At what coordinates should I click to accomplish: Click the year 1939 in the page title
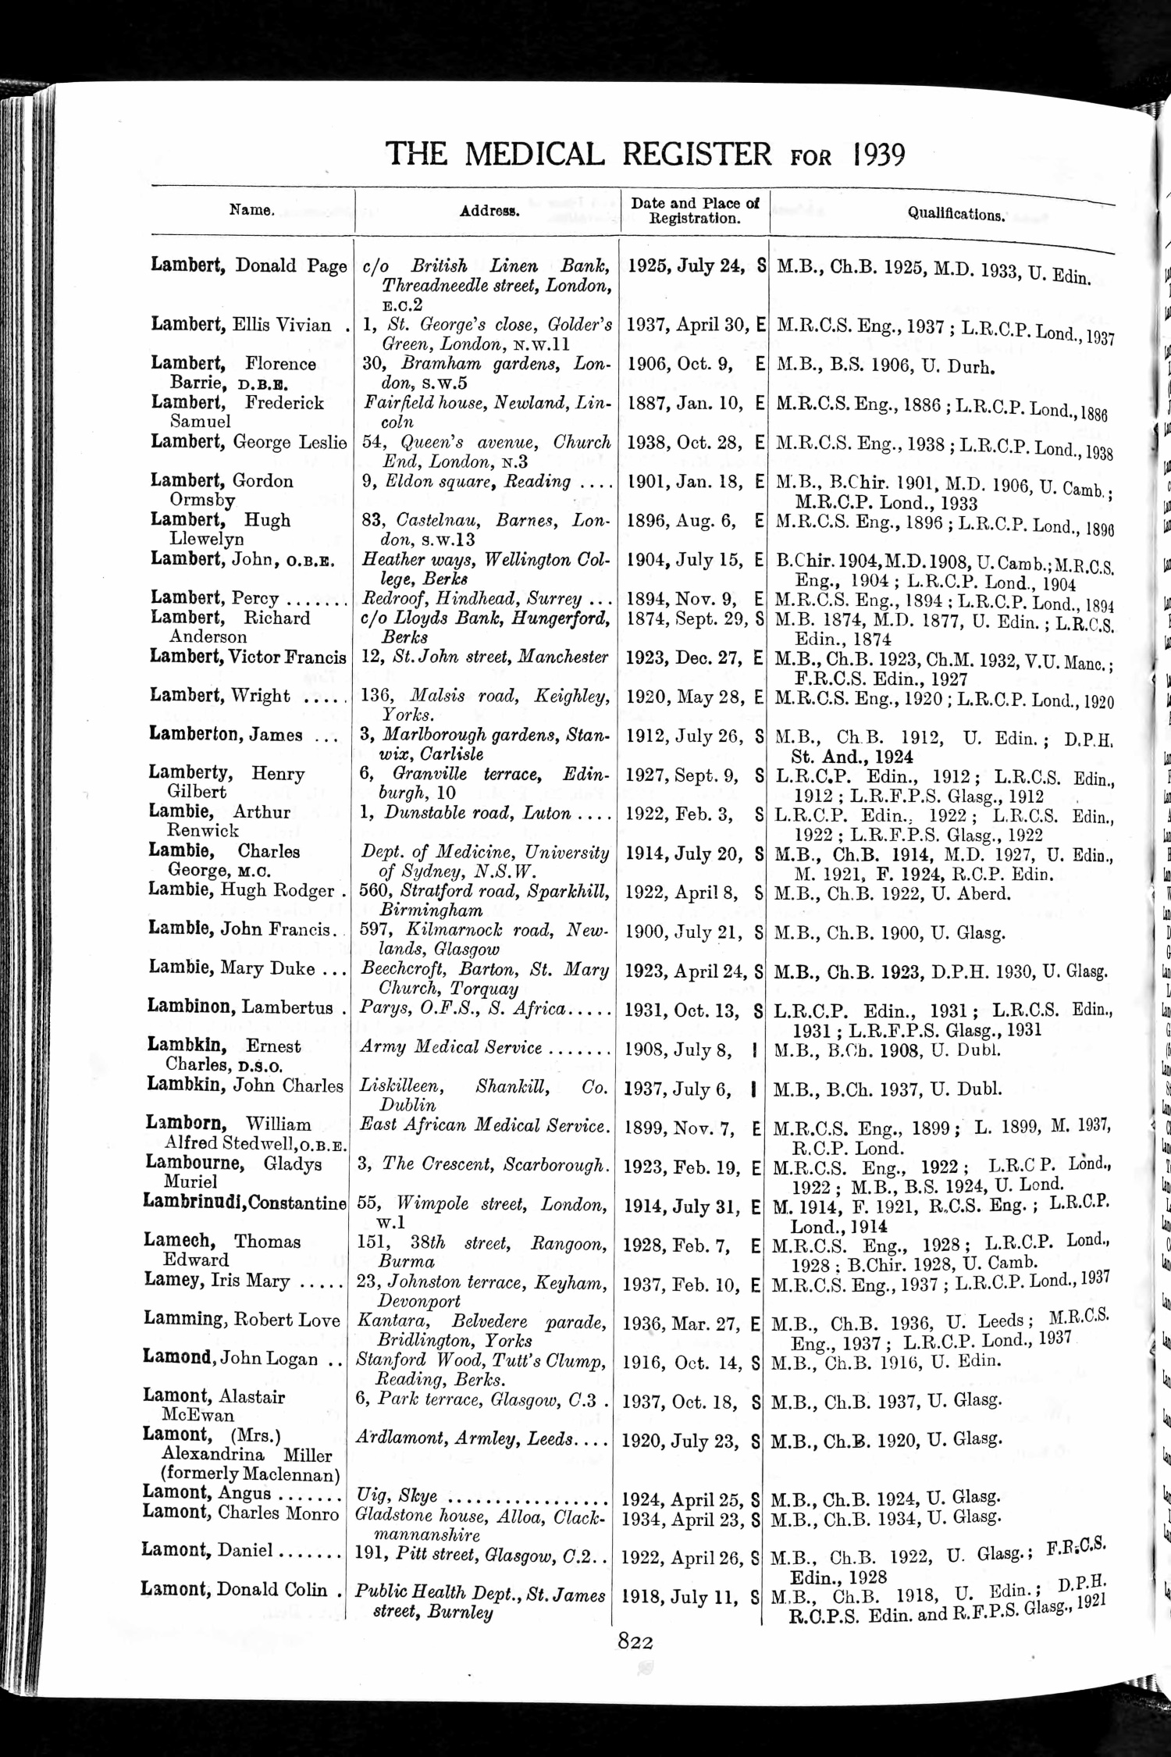[x=879, y=155]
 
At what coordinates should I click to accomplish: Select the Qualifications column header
[x=956, y=213]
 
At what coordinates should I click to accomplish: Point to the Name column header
[x=251, y=209]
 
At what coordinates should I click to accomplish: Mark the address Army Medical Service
[x=451, y=1047]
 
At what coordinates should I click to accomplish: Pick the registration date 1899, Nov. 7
[x=681, y=1126]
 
